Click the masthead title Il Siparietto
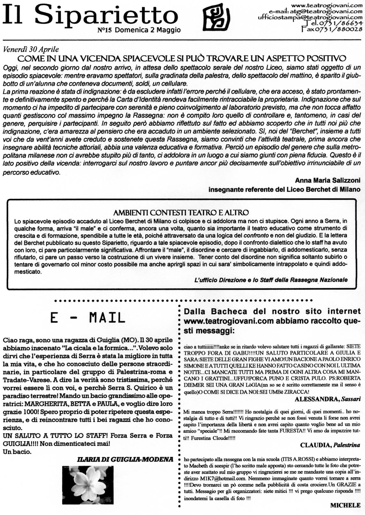click(x=90, y=16)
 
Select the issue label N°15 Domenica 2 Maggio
click(x=139, y=30)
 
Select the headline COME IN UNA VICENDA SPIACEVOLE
click(x=182, y=58)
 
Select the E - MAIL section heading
click(x=87, y=317)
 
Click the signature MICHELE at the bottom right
click(x=345, y=505)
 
